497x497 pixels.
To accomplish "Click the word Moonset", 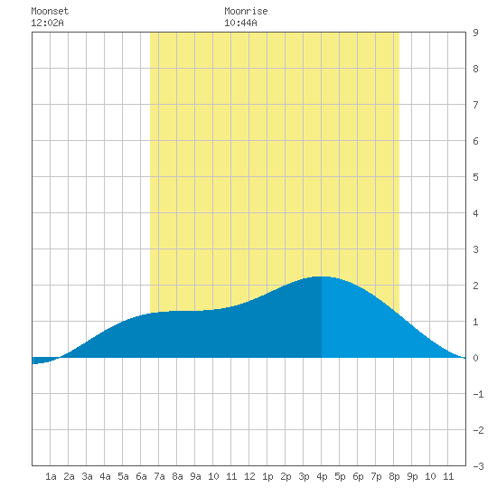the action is [50, 11].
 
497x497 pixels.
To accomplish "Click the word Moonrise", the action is [246, 11].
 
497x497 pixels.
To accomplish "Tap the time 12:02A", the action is [47, 23].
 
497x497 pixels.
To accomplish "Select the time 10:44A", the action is [240, 23].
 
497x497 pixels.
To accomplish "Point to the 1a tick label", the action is [51, 476].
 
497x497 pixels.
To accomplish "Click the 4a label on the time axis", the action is [105, 476].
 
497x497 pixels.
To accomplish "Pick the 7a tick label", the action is [159, 476].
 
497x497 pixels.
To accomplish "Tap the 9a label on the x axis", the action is [195, 476].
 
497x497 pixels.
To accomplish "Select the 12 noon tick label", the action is [249, 476].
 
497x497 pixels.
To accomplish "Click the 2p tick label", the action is [286, 476].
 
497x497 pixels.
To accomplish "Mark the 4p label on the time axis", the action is [322, 476].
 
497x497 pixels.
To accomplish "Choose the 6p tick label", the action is [358, 476].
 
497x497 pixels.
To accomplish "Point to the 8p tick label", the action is [394, 476].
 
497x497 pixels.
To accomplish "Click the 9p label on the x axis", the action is [412, 476].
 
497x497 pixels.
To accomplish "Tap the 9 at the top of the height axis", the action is [475, 33].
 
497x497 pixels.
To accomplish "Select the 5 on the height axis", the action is [475, 177].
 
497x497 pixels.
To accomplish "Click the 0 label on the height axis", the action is [475, 358].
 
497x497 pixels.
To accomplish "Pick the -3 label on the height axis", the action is [478, 466].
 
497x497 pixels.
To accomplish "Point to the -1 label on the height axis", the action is [478, 394].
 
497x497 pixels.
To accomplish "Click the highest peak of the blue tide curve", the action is [323, 277].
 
